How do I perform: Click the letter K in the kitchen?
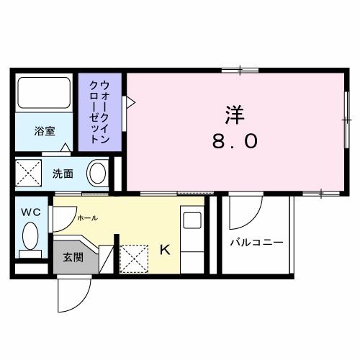164,250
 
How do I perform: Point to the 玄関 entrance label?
72,257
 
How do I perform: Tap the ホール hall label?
86,217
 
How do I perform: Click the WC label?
30,212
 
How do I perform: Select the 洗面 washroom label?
63,174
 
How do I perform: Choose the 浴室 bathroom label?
45,131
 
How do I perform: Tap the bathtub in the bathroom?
45,94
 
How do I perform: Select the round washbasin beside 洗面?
97,173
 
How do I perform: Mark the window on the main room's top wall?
240,70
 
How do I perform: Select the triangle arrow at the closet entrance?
130,102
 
